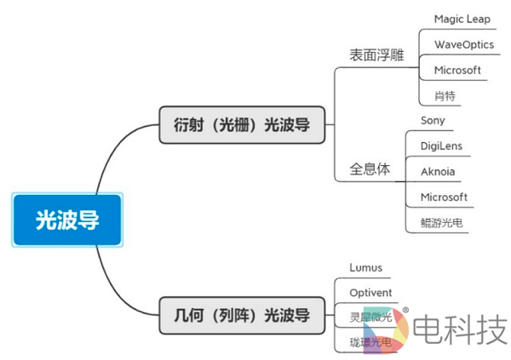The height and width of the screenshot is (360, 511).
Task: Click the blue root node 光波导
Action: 67,220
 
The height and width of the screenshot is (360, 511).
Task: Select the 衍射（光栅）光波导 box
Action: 235,125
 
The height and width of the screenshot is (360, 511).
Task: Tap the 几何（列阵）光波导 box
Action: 235,316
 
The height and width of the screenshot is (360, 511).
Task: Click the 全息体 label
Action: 370,168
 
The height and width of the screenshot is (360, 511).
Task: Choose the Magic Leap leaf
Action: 462,19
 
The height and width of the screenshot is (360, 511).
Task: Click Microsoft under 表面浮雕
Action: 457,70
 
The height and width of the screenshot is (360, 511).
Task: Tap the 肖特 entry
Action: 445,95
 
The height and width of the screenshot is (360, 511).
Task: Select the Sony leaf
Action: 433,121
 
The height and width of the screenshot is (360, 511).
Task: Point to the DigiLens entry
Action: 441,146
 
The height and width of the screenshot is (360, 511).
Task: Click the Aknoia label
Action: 438,172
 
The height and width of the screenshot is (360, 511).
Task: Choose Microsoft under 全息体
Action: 444,197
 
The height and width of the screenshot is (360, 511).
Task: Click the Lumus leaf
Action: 366,267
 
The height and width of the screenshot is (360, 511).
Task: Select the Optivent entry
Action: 371,293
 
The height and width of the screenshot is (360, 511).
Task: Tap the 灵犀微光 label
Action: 370,317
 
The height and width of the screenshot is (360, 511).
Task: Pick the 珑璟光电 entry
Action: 370,342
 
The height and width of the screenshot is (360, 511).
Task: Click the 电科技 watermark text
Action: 461,328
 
